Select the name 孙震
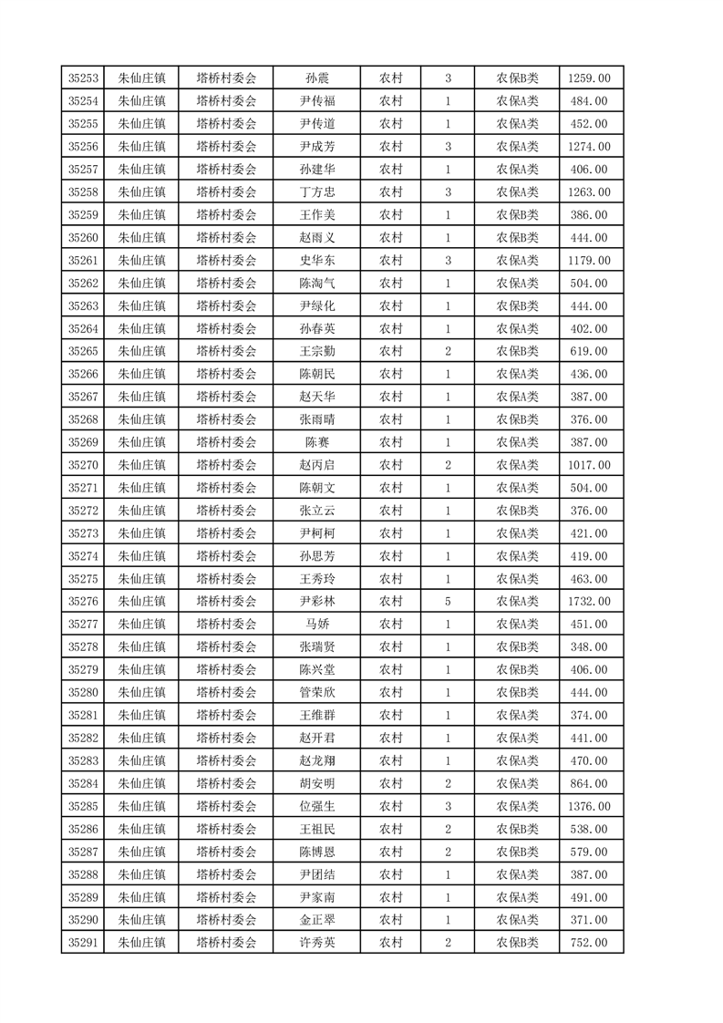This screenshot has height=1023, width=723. click(x=317, y=78)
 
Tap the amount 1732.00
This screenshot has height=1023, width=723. click(x=589, y=602)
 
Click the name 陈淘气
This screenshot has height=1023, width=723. click(x=317, y=284)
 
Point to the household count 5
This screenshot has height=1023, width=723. click(x=448, y=602)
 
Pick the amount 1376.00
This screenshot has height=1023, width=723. click(x=589, y=806)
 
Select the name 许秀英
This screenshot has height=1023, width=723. click(x=317, y=943)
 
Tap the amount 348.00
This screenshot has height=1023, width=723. click(x=589, y=647)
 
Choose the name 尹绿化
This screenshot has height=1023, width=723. click(x=317, y=306)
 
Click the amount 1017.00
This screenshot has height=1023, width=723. click(x=589, y=465)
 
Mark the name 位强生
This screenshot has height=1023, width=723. click(x=317, y=806)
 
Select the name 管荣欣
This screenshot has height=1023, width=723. click(x=317, y=693)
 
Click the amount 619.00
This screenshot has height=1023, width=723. click(x=589, y=351)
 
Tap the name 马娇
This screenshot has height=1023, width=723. click(x=317, y=625)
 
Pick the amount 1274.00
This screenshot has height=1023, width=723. click(x=589, y=147)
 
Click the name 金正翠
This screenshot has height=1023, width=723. click(x=317, y=920)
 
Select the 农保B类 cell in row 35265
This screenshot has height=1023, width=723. click(x=517, y=351)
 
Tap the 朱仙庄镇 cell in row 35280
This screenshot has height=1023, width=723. click(x=141, y=693)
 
